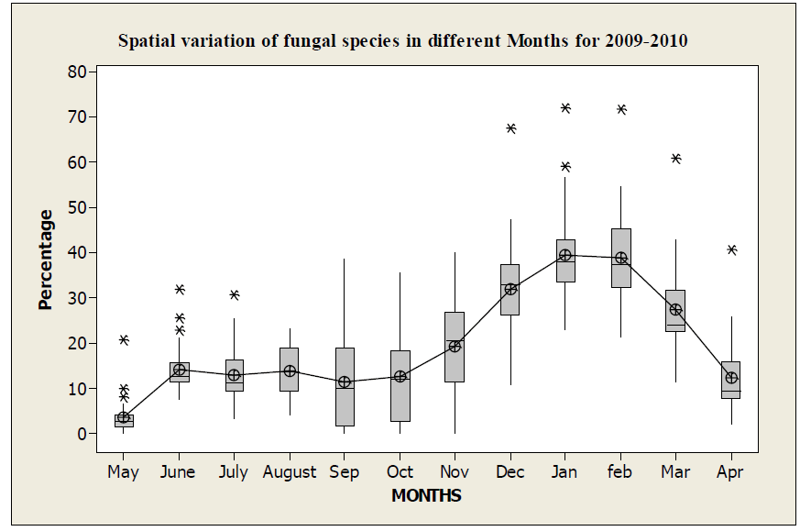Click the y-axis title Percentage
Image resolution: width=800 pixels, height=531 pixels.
pyautogui.click(x=46, y=260)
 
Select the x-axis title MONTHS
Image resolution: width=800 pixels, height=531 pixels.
pyautogui.click(x=426, y=496)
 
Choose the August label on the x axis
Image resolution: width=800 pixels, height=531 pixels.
pyautogui.click(x=290, y=472)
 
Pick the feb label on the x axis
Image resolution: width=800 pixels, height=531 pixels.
pyautogui.click(x=620, y=472)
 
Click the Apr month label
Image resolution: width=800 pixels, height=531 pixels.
pyautogui.click(x=730, y=472)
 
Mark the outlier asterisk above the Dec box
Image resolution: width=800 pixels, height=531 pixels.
pyautogui.click(x=510, y=128)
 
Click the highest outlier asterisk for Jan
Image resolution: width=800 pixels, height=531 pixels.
pyautogui.click(x=565, y=108)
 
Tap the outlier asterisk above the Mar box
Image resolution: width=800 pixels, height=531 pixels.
pyautogui.click(x=675, y=159)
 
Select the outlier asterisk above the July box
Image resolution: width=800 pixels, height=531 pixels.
pyautogui.click(x=235, y=295)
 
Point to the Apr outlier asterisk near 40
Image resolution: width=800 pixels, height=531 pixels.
pyautogui.click(x=731, y=249)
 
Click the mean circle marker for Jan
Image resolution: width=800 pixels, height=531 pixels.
pyautogui.click(x=565, y=255)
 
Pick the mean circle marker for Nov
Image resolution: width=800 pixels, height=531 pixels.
pyautogui.click(x=455, y=346)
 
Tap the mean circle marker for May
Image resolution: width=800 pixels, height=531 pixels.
pyautogui.click(x=124, y=417)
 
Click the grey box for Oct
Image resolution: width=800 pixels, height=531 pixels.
pyautogui.click(x=400, y=386)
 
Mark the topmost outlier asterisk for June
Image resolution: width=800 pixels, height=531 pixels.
pyautogui.click(x=180, y=290)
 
